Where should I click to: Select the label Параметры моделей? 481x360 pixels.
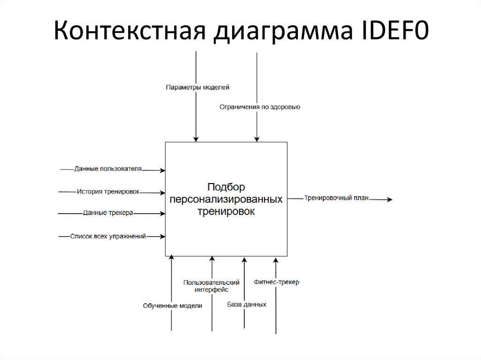(197, 87)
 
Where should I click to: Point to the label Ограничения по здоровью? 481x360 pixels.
(260, 107)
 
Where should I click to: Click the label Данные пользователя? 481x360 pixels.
(108, 169)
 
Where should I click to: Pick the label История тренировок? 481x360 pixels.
(108, 191)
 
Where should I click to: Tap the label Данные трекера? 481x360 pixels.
(108, 213)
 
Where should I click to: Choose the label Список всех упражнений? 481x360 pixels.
(108, 237)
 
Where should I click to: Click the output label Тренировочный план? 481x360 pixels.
(336, 198)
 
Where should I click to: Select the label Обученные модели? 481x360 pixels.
(172, 306)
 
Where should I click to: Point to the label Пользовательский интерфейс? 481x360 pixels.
(212, 286)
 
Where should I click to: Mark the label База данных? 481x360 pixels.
(247, 304)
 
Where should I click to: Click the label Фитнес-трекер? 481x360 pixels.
(276, 282)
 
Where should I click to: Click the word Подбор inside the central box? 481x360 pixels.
(226, 187)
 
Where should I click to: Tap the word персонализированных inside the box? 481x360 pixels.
(226, 199)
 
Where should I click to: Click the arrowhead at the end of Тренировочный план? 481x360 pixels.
(389, 199)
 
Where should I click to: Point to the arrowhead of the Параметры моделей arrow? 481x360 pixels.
(195, 139)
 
